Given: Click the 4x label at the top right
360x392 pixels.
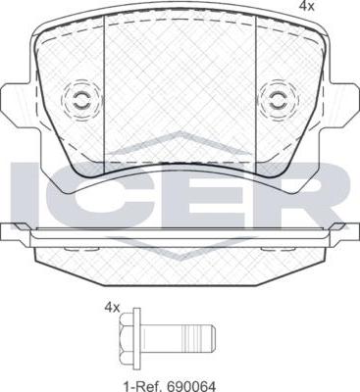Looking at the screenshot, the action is [x=307, y=6].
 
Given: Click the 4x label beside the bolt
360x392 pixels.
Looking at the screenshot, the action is [x=112, y=307].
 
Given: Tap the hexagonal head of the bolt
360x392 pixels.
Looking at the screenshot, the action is [x=127, y=334].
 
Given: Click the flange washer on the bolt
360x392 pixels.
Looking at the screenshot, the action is [x=136, y=334].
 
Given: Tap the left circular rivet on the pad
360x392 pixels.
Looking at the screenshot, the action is [x=80, y=99].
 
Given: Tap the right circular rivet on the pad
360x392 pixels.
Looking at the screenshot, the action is [x=279, y=99].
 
